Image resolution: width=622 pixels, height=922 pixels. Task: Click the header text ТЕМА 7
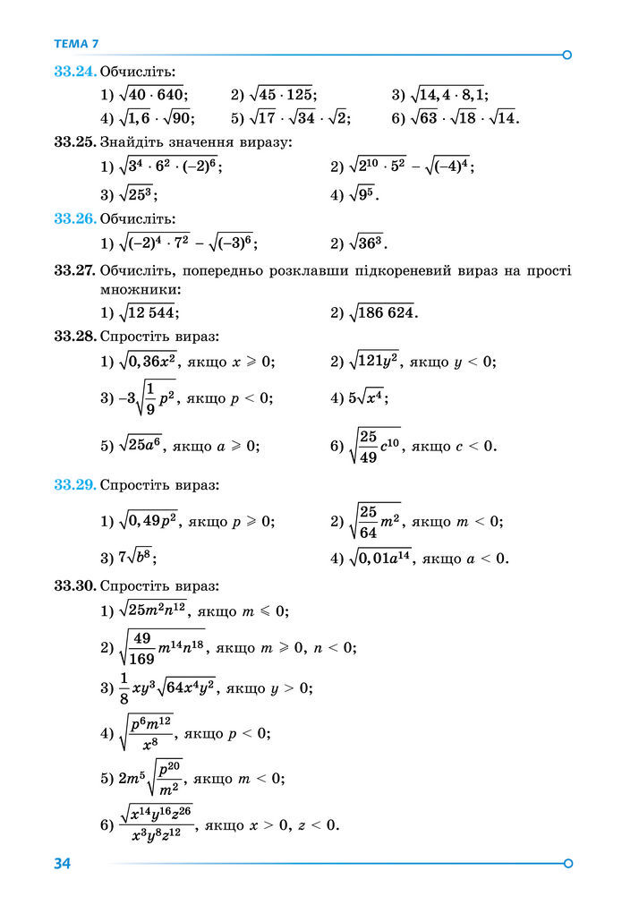click(76, 43)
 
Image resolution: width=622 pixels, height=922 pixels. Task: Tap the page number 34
click(62, 863)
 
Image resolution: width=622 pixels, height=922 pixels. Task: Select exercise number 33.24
click(74, 72)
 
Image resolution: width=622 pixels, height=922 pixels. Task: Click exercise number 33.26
click(74, 218)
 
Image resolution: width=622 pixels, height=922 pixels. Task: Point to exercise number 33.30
click(74, 586)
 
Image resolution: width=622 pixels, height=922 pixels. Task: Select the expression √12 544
click(149, 312)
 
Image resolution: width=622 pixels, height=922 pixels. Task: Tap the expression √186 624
click(382, 312)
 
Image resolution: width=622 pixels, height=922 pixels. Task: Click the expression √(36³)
click(366, 243)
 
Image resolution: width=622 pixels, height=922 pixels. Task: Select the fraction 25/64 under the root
click(367, 521)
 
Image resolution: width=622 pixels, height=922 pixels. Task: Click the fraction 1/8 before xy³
click(124, 688)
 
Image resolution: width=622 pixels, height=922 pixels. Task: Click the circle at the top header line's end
click(566, 55)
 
